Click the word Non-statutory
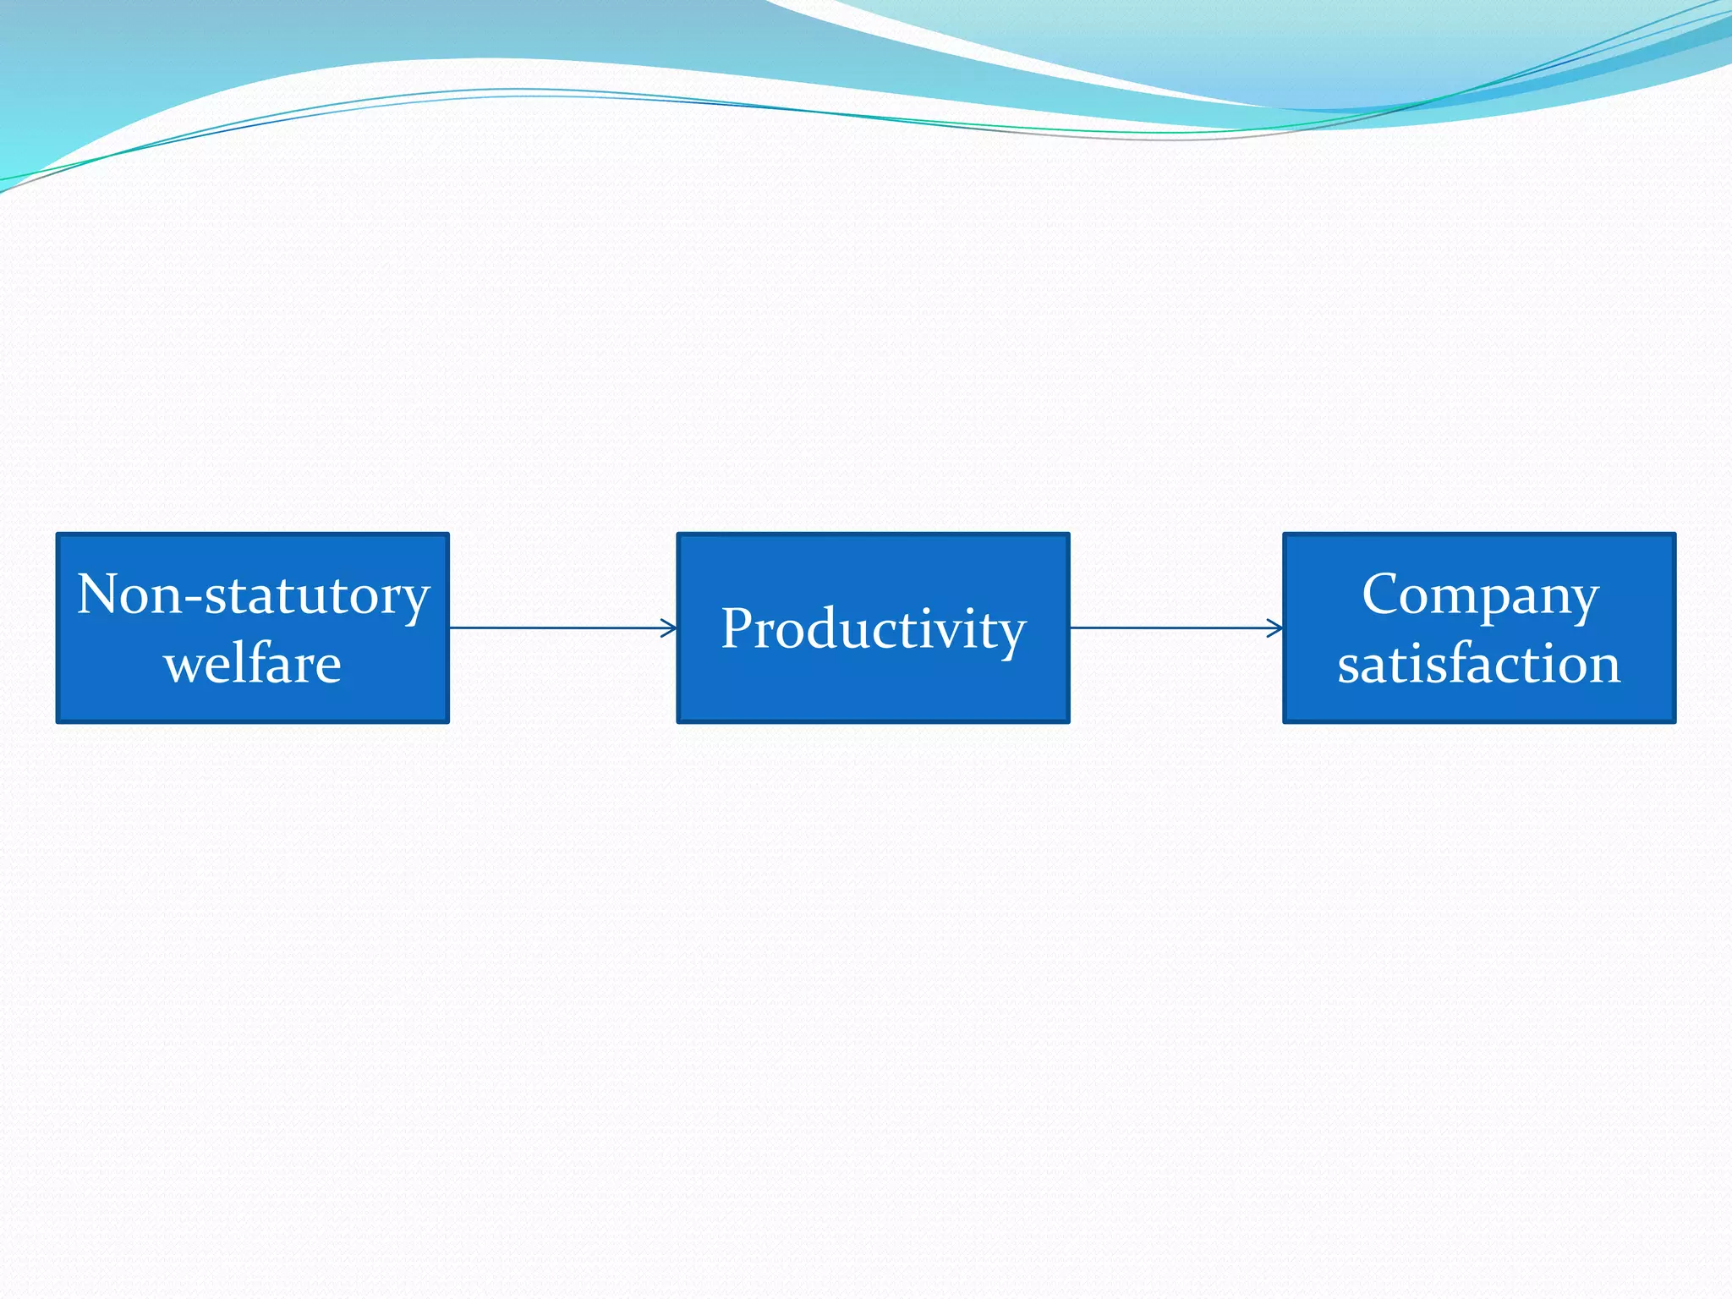point(253,595)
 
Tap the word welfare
point(253,664)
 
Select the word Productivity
point(873,629)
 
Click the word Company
point(1479,595)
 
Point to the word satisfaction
point(1478,664)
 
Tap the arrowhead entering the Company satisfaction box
point(1276,628)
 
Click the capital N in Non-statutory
point(100,594)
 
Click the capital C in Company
point(1384,594)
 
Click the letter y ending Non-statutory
point(415,602)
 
